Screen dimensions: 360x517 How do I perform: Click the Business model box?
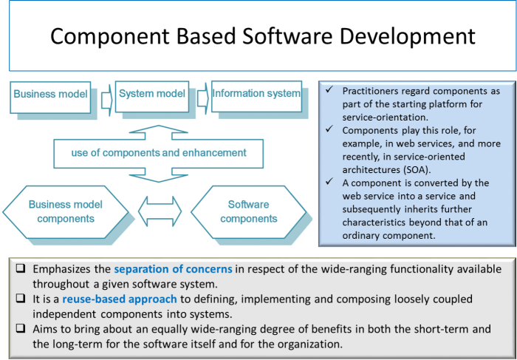click(x=50, y=95)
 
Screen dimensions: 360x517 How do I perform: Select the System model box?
click(x=153, y=95)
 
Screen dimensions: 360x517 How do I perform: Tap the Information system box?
click(x=256, y=94)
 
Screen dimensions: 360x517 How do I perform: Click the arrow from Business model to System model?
click(x=104, y=95)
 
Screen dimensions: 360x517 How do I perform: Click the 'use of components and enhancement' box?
click(x=160, y=153)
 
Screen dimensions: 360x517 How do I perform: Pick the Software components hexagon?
click(x=248, y=211)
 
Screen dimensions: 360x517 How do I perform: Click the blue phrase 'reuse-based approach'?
click(x=119, y=299)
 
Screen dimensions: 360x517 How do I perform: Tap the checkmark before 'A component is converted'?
click(x=329, y=183)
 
